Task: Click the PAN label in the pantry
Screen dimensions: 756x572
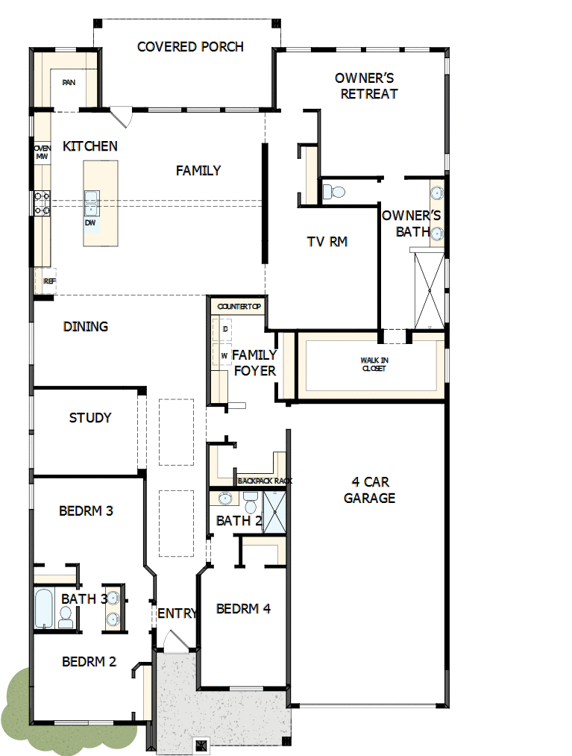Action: pos(69,83)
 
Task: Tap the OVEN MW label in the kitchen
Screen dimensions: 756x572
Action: pos(42,152)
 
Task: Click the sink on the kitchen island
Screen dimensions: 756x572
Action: pos(91,200)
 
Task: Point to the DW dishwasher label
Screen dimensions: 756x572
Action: pos(90,222)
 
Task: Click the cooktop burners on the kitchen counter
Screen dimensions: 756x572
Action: pos(41,204)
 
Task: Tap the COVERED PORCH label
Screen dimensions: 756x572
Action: pos(190,47)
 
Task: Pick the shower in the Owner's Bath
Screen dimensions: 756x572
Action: pos(429,290)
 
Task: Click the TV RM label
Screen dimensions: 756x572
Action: pos(327,242)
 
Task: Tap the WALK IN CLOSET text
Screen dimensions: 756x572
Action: pos(374,365)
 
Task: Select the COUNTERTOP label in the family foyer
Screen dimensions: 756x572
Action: pos(236,307)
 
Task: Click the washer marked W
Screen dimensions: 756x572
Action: pos(224,356)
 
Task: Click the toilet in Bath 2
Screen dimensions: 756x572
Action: pos(250,502)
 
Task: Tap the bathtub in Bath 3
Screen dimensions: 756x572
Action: pos(43,608)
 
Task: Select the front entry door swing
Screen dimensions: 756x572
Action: pos(173,641)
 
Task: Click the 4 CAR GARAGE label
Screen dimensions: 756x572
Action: pos(369,490)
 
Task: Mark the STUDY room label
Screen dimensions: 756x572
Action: pos(90,418)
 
